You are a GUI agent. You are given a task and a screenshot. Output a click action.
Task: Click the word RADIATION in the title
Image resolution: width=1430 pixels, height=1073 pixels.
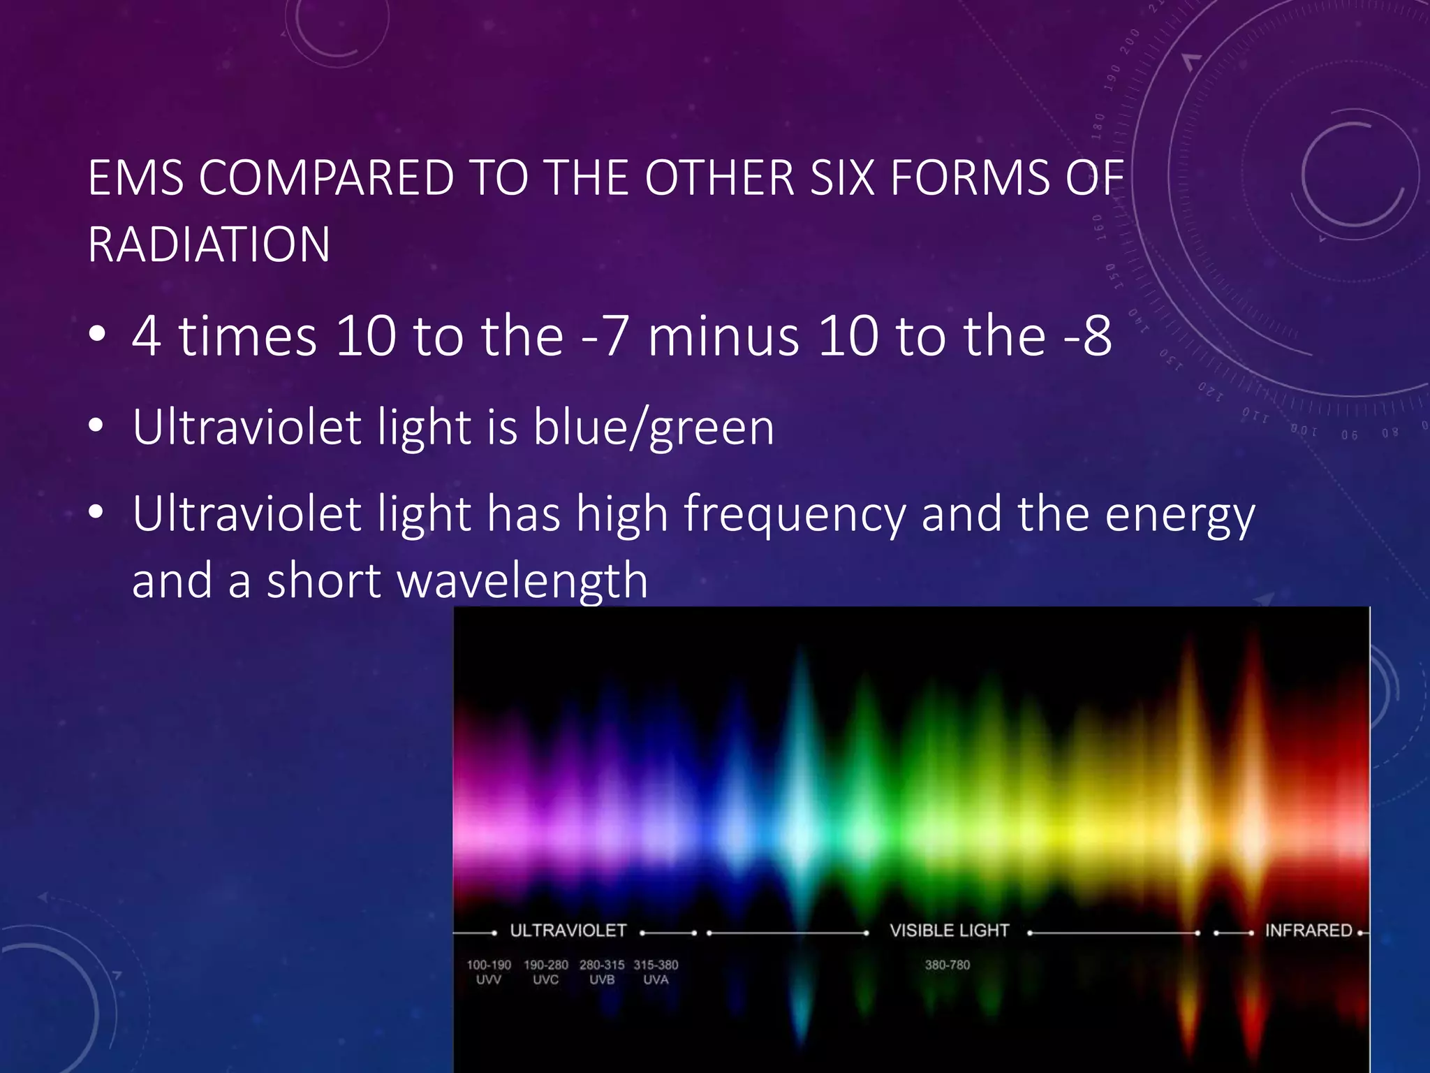coord(209,245)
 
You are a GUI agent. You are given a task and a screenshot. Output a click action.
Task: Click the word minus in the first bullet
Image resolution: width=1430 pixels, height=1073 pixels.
coord(723,337)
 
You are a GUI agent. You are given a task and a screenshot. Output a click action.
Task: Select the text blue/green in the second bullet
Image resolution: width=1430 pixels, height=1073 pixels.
coord(654,428)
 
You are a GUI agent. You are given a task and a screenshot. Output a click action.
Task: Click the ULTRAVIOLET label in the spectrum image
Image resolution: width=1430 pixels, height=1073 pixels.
coord(568,930)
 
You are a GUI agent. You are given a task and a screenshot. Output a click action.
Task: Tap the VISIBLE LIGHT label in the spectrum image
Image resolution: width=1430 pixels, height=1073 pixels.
coord(949,930)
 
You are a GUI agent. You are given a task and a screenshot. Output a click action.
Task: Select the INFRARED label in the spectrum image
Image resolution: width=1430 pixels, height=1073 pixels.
coord(1308,930)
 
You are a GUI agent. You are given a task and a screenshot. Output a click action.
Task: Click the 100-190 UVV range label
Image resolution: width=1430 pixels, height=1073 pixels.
coord(489,972)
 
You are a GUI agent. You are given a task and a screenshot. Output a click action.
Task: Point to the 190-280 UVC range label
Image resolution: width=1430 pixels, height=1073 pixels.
coord(546,972)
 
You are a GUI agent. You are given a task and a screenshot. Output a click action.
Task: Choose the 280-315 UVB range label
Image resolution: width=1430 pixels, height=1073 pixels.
coord(602,972)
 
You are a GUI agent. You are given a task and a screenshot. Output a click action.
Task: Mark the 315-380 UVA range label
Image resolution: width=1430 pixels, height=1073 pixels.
coord(656,972)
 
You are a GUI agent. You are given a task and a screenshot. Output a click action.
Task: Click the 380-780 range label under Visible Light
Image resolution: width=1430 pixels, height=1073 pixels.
coord(948,965)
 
